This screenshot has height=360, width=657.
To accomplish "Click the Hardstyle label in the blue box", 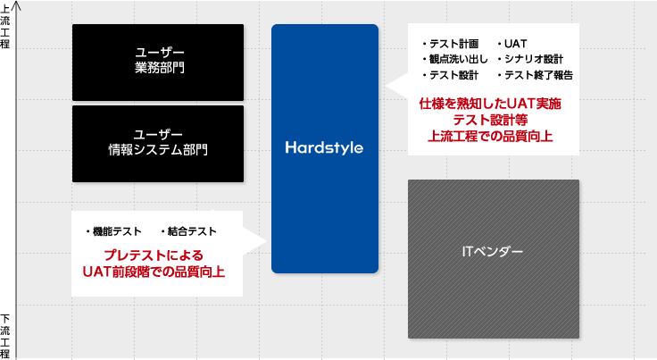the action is pos(324,147).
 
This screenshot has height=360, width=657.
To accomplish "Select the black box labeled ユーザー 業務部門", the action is pos(158,63).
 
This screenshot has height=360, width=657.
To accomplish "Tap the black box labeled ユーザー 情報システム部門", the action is pos(158,144).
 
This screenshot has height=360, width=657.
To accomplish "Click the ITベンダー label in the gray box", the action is pos(493,251).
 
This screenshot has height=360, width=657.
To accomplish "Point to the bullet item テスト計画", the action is pos(451,44).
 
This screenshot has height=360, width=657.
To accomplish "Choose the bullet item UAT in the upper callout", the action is pos(512,44).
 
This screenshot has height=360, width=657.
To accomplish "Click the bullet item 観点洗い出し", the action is pos(455,59).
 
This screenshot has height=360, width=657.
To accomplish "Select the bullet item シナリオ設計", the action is pos(530,59).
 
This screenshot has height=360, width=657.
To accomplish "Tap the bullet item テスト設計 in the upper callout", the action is pos(451,75).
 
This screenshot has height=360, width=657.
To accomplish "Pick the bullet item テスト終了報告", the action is pos(535,75).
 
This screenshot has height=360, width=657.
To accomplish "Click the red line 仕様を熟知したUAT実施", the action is pos(490,104).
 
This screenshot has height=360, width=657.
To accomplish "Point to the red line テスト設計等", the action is pos(490,120).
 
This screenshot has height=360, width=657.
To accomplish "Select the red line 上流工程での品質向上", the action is pos(490,136).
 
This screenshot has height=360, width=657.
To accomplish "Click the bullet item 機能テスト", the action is pos(113,231).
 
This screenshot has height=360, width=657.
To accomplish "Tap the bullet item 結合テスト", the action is pos(188,231).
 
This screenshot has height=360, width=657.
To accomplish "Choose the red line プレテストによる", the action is pos(154,255).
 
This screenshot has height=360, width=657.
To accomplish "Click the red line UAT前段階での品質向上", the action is pos(154,272).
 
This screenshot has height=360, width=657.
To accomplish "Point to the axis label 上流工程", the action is pos(5,27).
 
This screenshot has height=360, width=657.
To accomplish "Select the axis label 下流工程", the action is pos(5,336).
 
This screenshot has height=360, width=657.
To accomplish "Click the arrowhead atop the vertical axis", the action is pos(17,5).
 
